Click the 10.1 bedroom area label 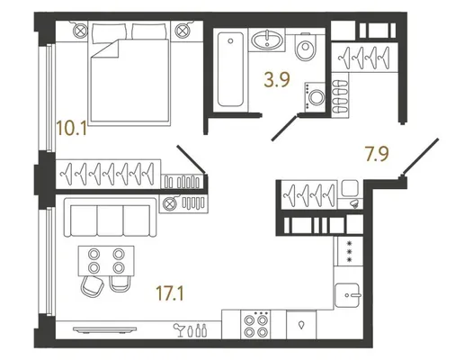[72, 128]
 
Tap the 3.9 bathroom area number [277, 80]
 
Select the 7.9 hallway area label [377, 154]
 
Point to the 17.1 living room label [170, 293]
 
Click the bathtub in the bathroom [231, 69]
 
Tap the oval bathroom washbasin [267, 40]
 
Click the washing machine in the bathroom [315, 97]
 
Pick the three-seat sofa [111, 218]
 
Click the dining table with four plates [106, 261]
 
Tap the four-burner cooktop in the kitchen [255, 325]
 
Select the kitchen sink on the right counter [347, 295]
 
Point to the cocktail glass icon [180, 329]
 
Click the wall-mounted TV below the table [104, 329]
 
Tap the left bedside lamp [81, 31]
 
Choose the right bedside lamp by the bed [183, 31]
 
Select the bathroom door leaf [285, 127]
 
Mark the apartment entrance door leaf [420, 157]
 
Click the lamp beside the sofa [169, 204]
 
